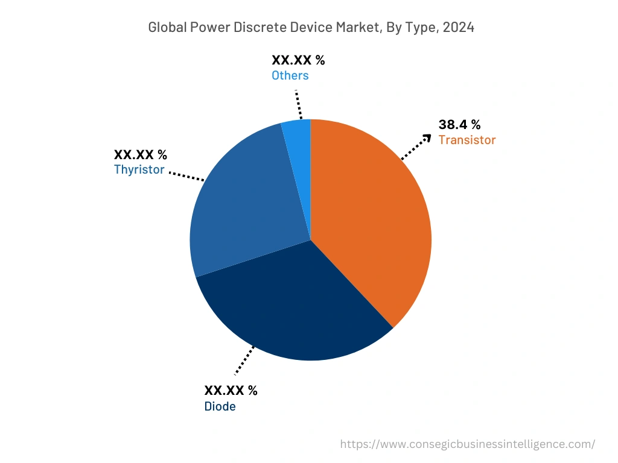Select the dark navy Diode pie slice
click(296, 307)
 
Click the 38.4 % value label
click(459, 125)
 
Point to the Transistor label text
click(467, 140)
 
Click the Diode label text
click(220, 406)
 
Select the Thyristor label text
click(139, 169)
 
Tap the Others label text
click(290, 75)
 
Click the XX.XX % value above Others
click(298, 60)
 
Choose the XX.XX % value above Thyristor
click(141, 154)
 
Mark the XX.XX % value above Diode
click(231, 390)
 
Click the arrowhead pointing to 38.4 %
click(427, 138)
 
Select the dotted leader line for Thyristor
click(186, 176)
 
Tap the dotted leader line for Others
click(298, 105)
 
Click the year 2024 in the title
click(458, 27)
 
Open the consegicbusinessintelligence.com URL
click(467, 444)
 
